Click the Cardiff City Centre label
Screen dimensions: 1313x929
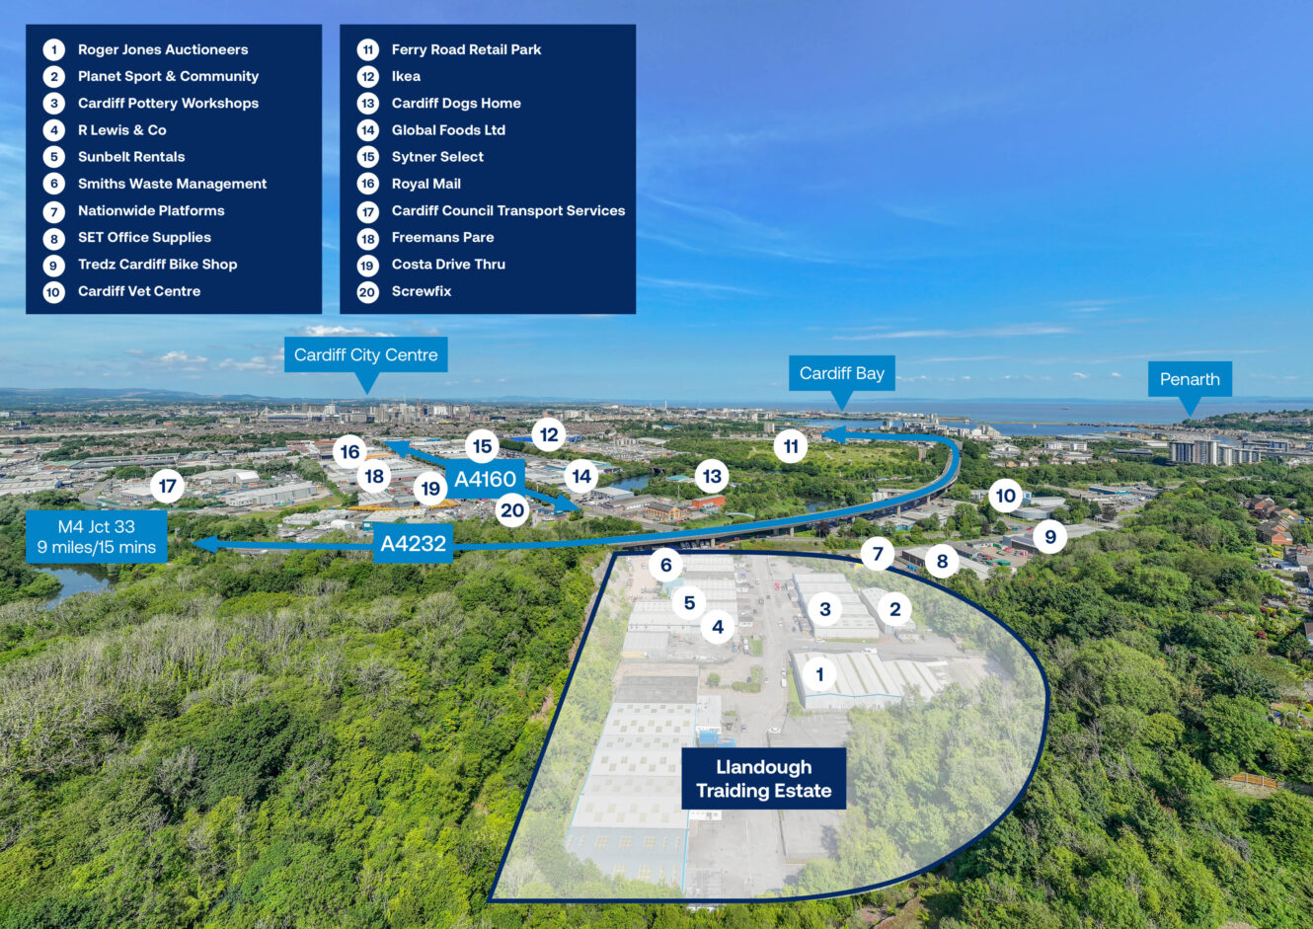pos(365,355)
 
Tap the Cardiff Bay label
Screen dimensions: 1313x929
pos(841,373)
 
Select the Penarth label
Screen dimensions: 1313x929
pos(1189,379)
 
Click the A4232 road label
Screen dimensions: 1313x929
pos(413,543)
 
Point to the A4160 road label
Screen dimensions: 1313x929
pos(485,480)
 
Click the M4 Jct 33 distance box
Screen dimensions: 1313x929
pos(97,536)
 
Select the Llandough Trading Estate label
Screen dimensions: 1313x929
pos(763,779)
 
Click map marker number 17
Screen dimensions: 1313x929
pos(168,486)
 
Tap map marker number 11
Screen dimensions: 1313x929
pos(791,446)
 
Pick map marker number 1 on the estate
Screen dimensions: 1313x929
pos(819,675)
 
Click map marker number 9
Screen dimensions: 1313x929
pos(1050,537)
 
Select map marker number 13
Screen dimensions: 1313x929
pos(712,477)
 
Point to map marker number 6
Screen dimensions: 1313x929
pos(666,565)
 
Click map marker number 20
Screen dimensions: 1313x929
pos(512,510)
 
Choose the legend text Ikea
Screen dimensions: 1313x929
pos(406,76)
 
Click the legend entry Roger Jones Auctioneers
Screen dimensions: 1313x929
pos(163,49)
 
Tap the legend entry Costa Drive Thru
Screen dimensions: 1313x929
pos(448,265)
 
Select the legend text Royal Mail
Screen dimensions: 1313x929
pos(425,184)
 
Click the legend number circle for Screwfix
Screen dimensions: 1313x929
pos(367,292)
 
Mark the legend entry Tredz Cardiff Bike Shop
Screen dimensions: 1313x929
pos(157,265)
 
